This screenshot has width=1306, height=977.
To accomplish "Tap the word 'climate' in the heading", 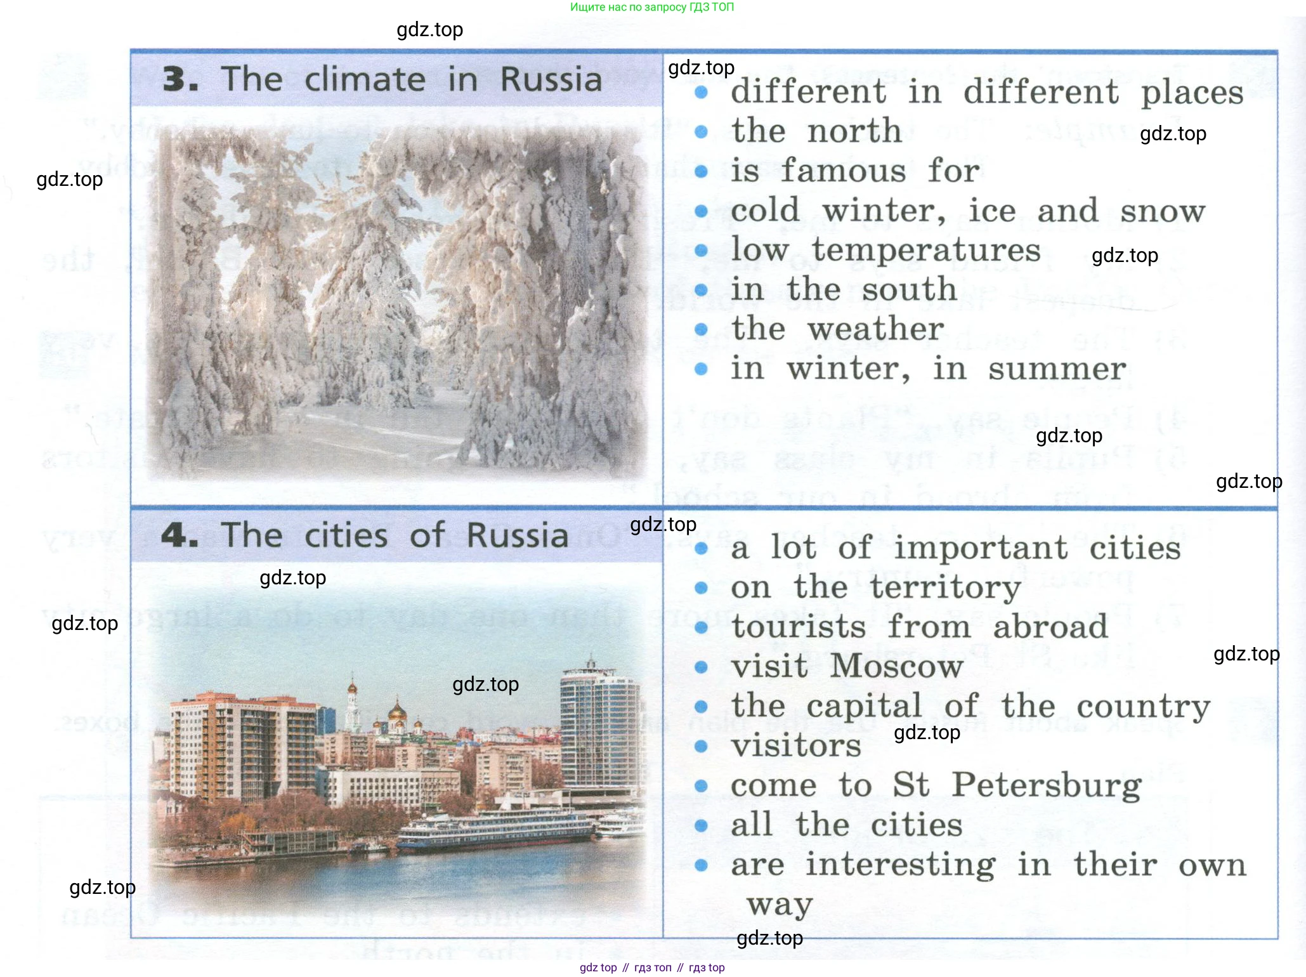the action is pyautogui.click(x=365, y=80).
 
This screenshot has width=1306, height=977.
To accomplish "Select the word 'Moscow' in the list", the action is pyautogui.click(x=897, y=666).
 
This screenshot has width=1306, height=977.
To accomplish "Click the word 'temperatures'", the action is pyautogui.click(x=927, y=251).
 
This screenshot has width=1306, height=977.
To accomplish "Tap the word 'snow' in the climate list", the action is pyautogui.click(x=1163, y=212).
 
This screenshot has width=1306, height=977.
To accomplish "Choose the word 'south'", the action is pyautogui.click(x=909, y=290).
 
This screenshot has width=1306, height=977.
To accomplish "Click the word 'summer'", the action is pyautogui.click(x=1057, y=370).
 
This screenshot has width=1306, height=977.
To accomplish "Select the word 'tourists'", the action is pyautogui.click(x=799, y=627).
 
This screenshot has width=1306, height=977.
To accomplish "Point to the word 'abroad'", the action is pyautogui.click(x=1050, y=627).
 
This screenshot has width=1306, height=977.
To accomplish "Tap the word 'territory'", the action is pyautogui.click(x=945, y=588).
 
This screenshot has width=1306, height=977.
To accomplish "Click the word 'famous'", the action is pyautogui.click(x=843, y=171).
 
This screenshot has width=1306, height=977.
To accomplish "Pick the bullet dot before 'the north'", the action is pyautogui.click(x=701, y=132).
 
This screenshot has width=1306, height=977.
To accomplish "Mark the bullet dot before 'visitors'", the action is pyautogui.click(x=701, y=747).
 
